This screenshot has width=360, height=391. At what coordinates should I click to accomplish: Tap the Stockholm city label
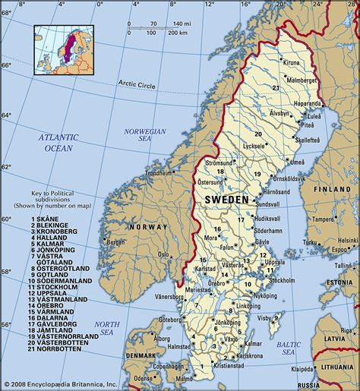pos(282,279)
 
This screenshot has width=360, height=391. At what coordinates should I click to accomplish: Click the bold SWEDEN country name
pos(226,199)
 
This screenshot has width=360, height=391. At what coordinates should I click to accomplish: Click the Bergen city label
pos(115,242)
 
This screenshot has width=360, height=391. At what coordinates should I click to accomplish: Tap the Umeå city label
pos(298,162)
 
